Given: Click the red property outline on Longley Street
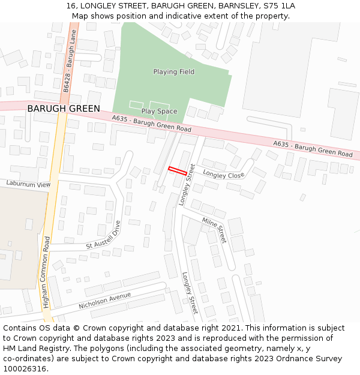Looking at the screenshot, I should coord(177,170).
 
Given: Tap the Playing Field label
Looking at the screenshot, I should coord(173,72).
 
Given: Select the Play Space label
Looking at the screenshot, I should coord(159,112).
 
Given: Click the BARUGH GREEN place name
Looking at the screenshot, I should coord(63,109).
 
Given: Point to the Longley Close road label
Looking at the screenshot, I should coord(223,175).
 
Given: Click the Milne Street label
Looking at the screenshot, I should coord(214,230).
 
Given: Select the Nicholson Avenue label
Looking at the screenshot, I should coord(104,301).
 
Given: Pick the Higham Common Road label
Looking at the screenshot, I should coord(47,272).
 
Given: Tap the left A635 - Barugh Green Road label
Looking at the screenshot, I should coord(151,125).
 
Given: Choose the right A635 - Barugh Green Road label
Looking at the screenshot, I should coord(313,149).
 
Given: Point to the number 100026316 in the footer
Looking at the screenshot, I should coord(23,369).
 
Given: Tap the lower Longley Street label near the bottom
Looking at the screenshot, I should coord(190,293).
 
